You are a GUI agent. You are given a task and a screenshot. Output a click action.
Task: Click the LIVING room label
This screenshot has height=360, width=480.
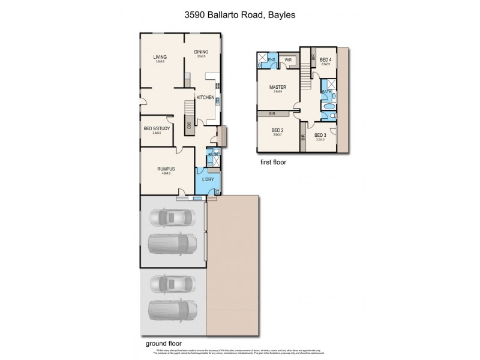[x=160, y=57]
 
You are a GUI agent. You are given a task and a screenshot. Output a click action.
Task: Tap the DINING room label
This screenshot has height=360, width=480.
[x=201, y=52]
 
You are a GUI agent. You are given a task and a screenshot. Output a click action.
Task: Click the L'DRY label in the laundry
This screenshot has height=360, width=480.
[x=208, y=180]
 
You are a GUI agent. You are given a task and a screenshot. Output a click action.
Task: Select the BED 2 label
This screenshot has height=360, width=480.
[x=277, y=130]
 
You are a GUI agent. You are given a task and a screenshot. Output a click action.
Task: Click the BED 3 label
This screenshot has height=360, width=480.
[x=320, y=135]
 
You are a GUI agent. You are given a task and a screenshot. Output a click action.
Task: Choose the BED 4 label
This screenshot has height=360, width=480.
[x=325, y=59]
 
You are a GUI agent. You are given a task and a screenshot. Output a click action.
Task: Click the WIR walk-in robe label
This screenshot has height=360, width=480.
[x=288, y=60]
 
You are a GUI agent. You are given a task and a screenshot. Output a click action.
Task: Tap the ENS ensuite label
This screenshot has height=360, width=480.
[x=272, y=59]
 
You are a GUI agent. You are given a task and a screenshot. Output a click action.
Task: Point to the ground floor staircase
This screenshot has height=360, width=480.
[x=189, y=109]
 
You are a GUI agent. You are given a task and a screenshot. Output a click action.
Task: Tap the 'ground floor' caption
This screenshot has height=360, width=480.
[x=163, y=344]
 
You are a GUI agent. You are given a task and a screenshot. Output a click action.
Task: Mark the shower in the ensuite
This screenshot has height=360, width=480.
[x=262, y=58]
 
